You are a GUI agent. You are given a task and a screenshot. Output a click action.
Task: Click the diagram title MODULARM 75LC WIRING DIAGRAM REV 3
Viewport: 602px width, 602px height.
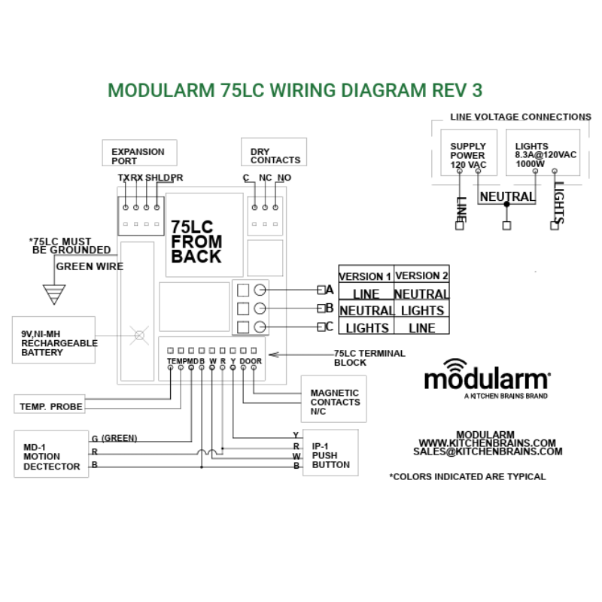click(295, 90)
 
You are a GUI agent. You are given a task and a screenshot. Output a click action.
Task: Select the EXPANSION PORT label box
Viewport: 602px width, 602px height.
click(139, 153)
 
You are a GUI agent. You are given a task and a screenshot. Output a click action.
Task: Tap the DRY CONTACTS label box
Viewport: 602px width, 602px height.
click(274, 153)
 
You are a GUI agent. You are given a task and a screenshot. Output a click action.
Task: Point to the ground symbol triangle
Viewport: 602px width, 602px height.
click(53, 294)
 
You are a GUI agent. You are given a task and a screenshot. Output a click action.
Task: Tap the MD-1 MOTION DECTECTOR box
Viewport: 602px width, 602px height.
click(50, 456)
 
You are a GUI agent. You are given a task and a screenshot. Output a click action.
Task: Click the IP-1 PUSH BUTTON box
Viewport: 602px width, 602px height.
click(330, 454)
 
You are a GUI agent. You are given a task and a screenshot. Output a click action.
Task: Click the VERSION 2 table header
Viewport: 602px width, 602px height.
click(421, 276)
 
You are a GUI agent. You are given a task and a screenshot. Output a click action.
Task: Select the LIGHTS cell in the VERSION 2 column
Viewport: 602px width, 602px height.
click(421, 310)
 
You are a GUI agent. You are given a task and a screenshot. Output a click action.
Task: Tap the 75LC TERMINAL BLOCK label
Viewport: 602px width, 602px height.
click(369, 357)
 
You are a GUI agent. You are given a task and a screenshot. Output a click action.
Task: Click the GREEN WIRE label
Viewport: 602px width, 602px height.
click(90, 266)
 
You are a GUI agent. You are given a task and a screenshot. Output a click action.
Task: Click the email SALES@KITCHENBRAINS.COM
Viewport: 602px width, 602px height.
click(488, 452)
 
